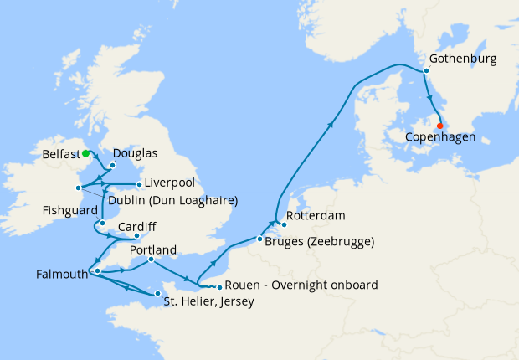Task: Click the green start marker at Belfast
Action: point(86,153)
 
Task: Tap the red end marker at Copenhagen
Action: point(440,126)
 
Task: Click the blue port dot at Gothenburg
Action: point(426,71)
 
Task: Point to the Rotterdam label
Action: point(316,216)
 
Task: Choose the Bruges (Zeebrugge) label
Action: point(319,242)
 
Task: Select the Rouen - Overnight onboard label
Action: point(301,285)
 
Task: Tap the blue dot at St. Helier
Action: point(157,294)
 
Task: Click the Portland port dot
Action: point(151,260)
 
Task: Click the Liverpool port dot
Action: point(138,183)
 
